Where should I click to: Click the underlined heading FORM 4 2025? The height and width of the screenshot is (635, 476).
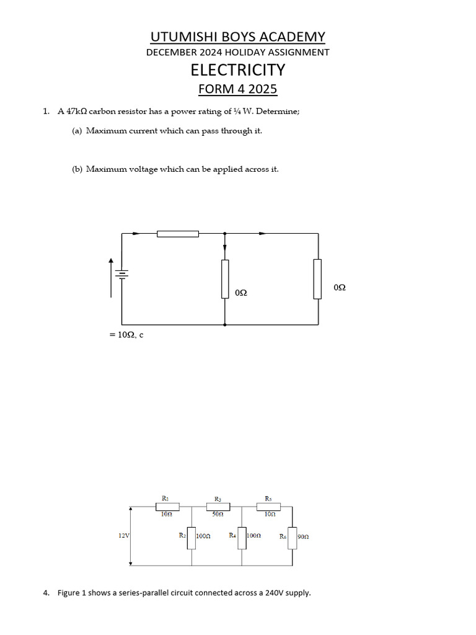point(238,89)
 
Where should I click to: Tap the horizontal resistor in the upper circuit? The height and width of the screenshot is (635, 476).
point(178,234)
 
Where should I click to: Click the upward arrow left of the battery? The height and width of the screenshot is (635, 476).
point(112,264)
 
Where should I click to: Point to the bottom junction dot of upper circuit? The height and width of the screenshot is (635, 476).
point(224,324)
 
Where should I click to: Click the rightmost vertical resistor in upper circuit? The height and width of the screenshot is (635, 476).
point(317,279)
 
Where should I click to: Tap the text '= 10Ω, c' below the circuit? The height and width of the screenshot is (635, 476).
point(126,335)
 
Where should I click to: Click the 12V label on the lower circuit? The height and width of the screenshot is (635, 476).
point(124,535)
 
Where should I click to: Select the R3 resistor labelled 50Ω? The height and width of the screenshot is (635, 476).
point(218,507)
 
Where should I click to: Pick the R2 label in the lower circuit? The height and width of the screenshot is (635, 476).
point(182,535)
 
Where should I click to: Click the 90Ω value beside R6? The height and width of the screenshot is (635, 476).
point(303,537)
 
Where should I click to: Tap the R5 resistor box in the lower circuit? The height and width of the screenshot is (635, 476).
point(268,507)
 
